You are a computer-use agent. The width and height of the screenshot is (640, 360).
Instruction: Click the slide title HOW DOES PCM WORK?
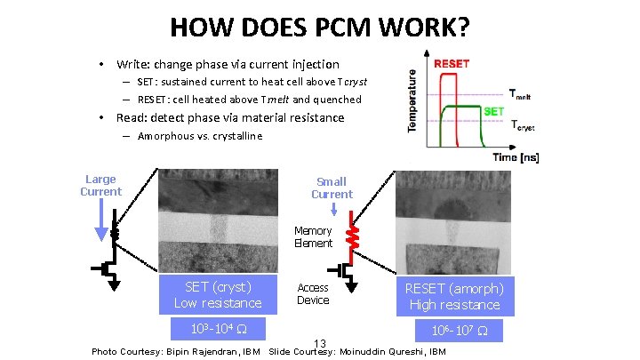(319, 28)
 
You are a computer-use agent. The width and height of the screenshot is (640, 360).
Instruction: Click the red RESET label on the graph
(452, 64)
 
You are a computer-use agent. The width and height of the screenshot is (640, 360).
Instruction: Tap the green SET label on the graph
(494, 112)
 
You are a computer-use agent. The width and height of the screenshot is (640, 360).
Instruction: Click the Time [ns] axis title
(515, 157)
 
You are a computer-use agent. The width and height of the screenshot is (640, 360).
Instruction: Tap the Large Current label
(100, 185)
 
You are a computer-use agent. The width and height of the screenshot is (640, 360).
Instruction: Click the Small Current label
(332, 188)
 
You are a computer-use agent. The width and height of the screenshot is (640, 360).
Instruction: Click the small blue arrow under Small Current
(332, 210)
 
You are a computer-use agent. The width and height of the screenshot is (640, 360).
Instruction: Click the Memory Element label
(313, 237)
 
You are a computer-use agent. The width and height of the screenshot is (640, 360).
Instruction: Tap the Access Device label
(313, 294)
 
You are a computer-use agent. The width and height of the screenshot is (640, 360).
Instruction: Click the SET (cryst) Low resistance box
(218, 295)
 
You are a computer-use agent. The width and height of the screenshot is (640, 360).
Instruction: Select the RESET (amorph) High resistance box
(454, 296)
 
